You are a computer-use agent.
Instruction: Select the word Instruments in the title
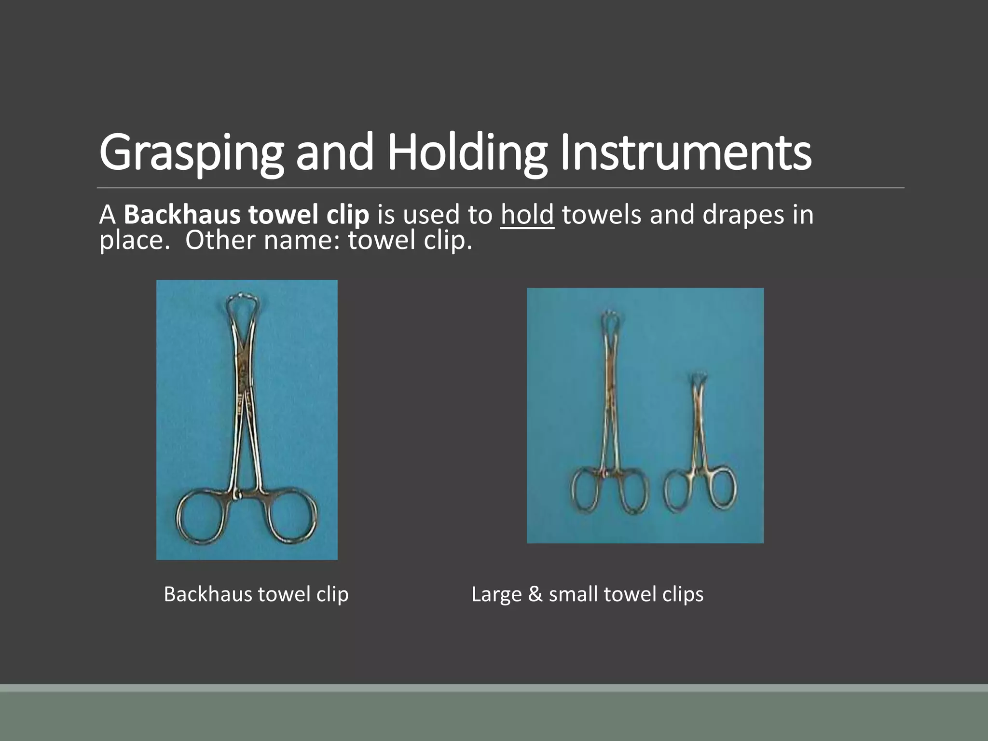(x=686, y=152)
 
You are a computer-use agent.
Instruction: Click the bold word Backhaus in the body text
(x=182, y=215)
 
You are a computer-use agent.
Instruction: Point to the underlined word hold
(x=527, y=215)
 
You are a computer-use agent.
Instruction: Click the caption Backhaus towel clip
(x=256, y=594)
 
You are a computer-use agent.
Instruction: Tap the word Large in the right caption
(x=496, y=594)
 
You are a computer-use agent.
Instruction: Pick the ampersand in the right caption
(x=535, y=594)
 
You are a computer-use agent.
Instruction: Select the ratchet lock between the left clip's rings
(x=237, y=495)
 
